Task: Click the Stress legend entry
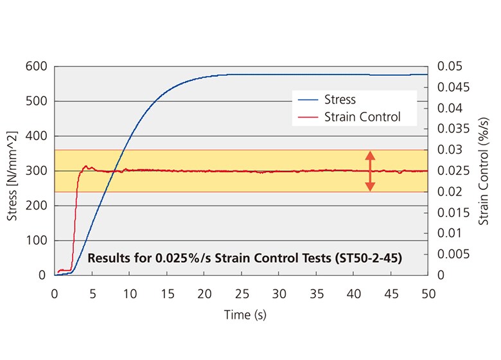340,100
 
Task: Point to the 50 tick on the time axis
428,293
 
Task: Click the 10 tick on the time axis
129,293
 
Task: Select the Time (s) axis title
245,315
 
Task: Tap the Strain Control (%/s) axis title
484,171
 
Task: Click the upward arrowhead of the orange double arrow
370,154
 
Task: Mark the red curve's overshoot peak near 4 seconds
86,166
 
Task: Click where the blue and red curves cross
114,172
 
